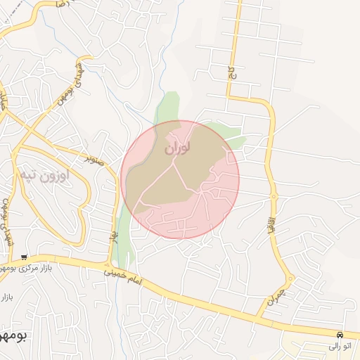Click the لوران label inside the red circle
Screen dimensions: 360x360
(x=177, y=148)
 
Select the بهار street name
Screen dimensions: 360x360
(x=112, y=231)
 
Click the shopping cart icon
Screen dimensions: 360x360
(x=25, y=257)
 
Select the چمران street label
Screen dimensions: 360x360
(x=273, y=296)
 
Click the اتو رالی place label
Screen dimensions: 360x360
(x=343, y=346)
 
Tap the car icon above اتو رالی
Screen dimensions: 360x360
(x=340, y=335)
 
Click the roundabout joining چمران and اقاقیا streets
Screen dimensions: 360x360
(x=290, y=278)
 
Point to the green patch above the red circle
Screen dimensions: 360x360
(x=167, y=106)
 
